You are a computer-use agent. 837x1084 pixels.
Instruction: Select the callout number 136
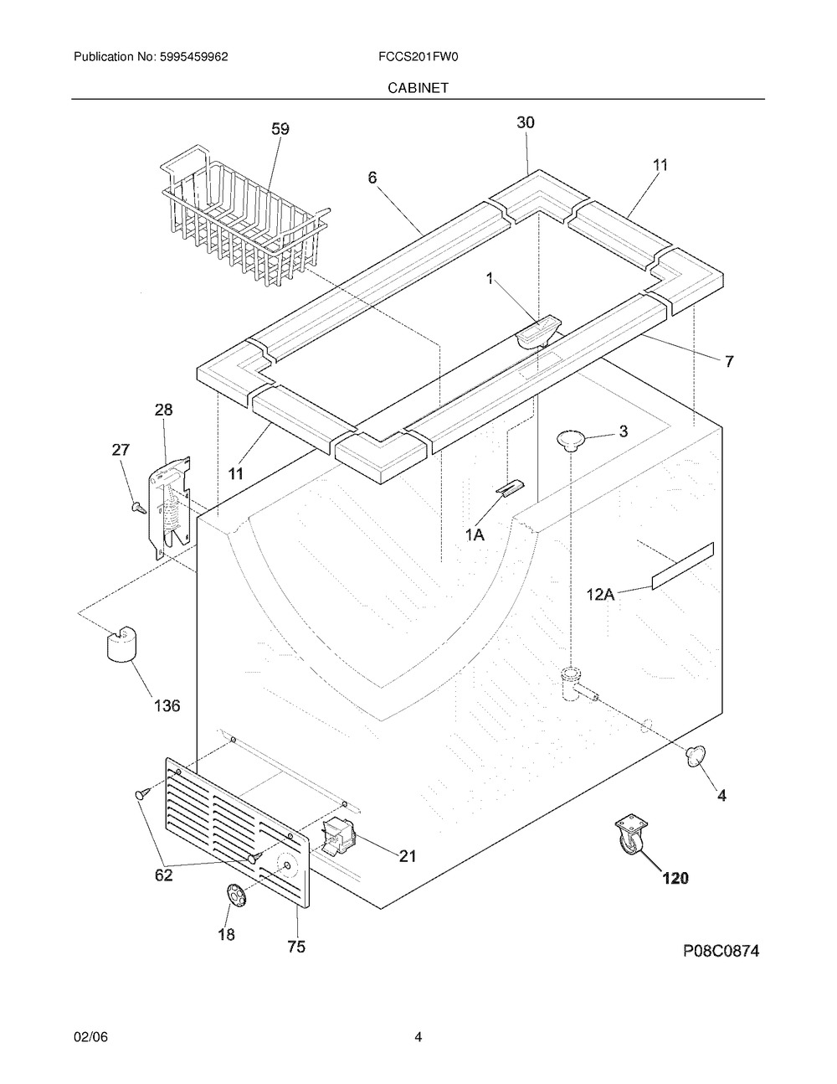(x=167, y=705)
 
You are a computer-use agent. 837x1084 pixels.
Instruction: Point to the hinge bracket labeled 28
(x=172, y=507)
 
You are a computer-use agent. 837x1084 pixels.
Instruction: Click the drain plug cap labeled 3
(x=570, y=437)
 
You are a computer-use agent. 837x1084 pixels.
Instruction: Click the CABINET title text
(x=418, y=87)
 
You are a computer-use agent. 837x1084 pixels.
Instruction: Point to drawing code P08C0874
(x=711, y=952)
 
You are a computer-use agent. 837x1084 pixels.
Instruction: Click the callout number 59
(x=280, y=129)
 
